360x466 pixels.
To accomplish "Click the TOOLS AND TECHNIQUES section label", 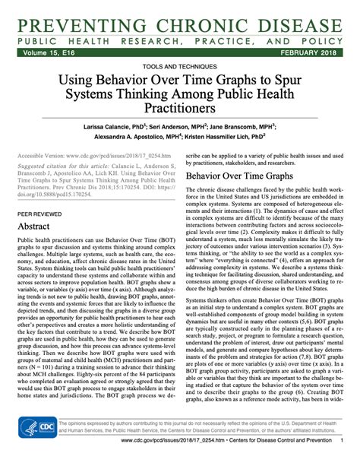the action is pos(180,67).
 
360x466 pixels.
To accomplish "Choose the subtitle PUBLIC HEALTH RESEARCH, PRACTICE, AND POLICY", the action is pos(180,36).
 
